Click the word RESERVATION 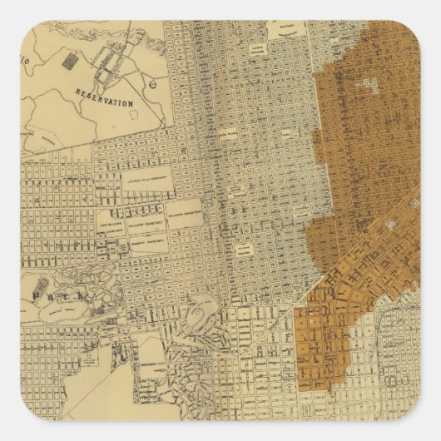pos(105,102)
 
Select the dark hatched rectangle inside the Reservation pos(70,63)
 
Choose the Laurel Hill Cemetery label pos(149,177)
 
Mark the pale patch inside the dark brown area pos(371,83)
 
